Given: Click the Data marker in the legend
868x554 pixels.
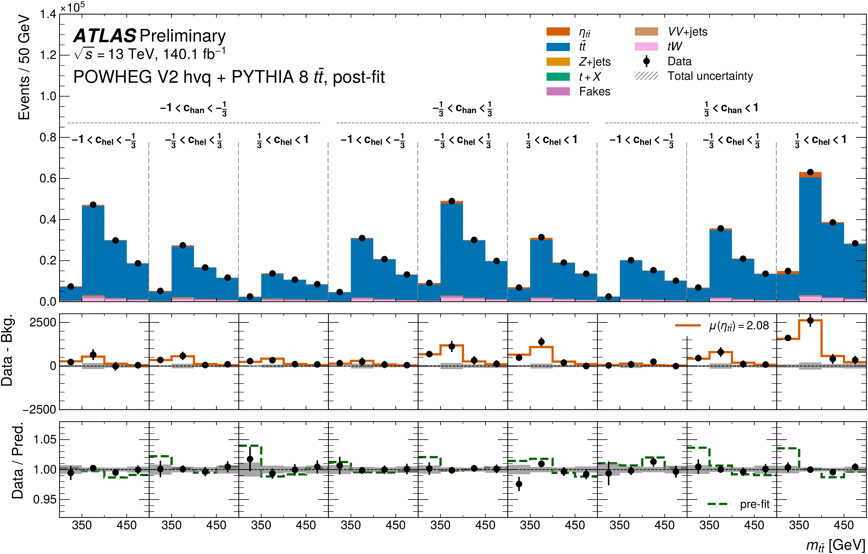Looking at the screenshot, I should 646,61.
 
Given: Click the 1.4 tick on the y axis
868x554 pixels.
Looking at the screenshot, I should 48,14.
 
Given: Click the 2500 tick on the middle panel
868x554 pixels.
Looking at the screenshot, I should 43,322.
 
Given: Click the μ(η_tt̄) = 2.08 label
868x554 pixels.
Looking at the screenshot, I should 739,326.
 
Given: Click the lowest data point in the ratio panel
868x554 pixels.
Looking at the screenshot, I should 519,484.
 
